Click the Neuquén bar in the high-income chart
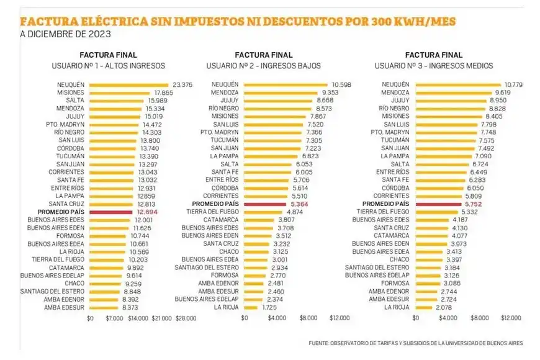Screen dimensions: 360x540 (x=128, y=85)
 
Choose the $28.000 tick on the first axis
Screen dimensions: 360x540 (x=186, y=318)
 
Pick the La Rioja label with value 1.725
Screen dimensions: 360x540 (x=225, y=307)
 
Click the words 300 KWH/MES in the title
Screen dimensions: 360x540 (x=414, y=22)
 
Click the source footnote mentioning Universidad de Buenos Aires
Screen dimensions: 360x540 (x=415, y=343)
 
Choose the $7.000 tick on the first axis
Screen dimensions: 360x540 (x=114, y=318)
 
